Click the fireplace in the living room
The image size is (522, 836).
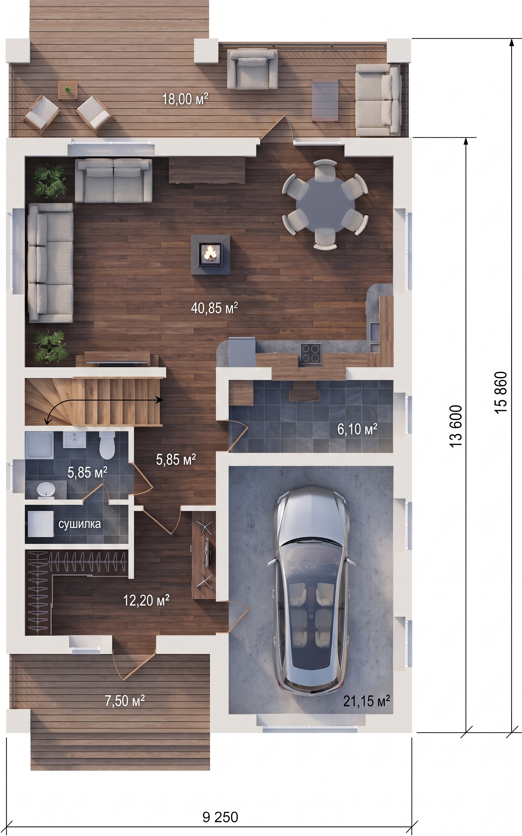[x=211, y=254]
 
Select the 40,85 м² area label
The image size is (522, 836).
[x=214, y=308]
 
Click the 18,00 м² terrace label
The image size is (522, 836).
[x=186, y=99]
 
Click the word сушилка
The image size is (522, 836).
[x=80, y=524]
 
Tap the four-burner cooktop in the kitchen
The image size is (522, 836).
[x=311, y=353]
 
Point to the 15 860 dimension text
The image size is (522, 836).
[x=501, y=392]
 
